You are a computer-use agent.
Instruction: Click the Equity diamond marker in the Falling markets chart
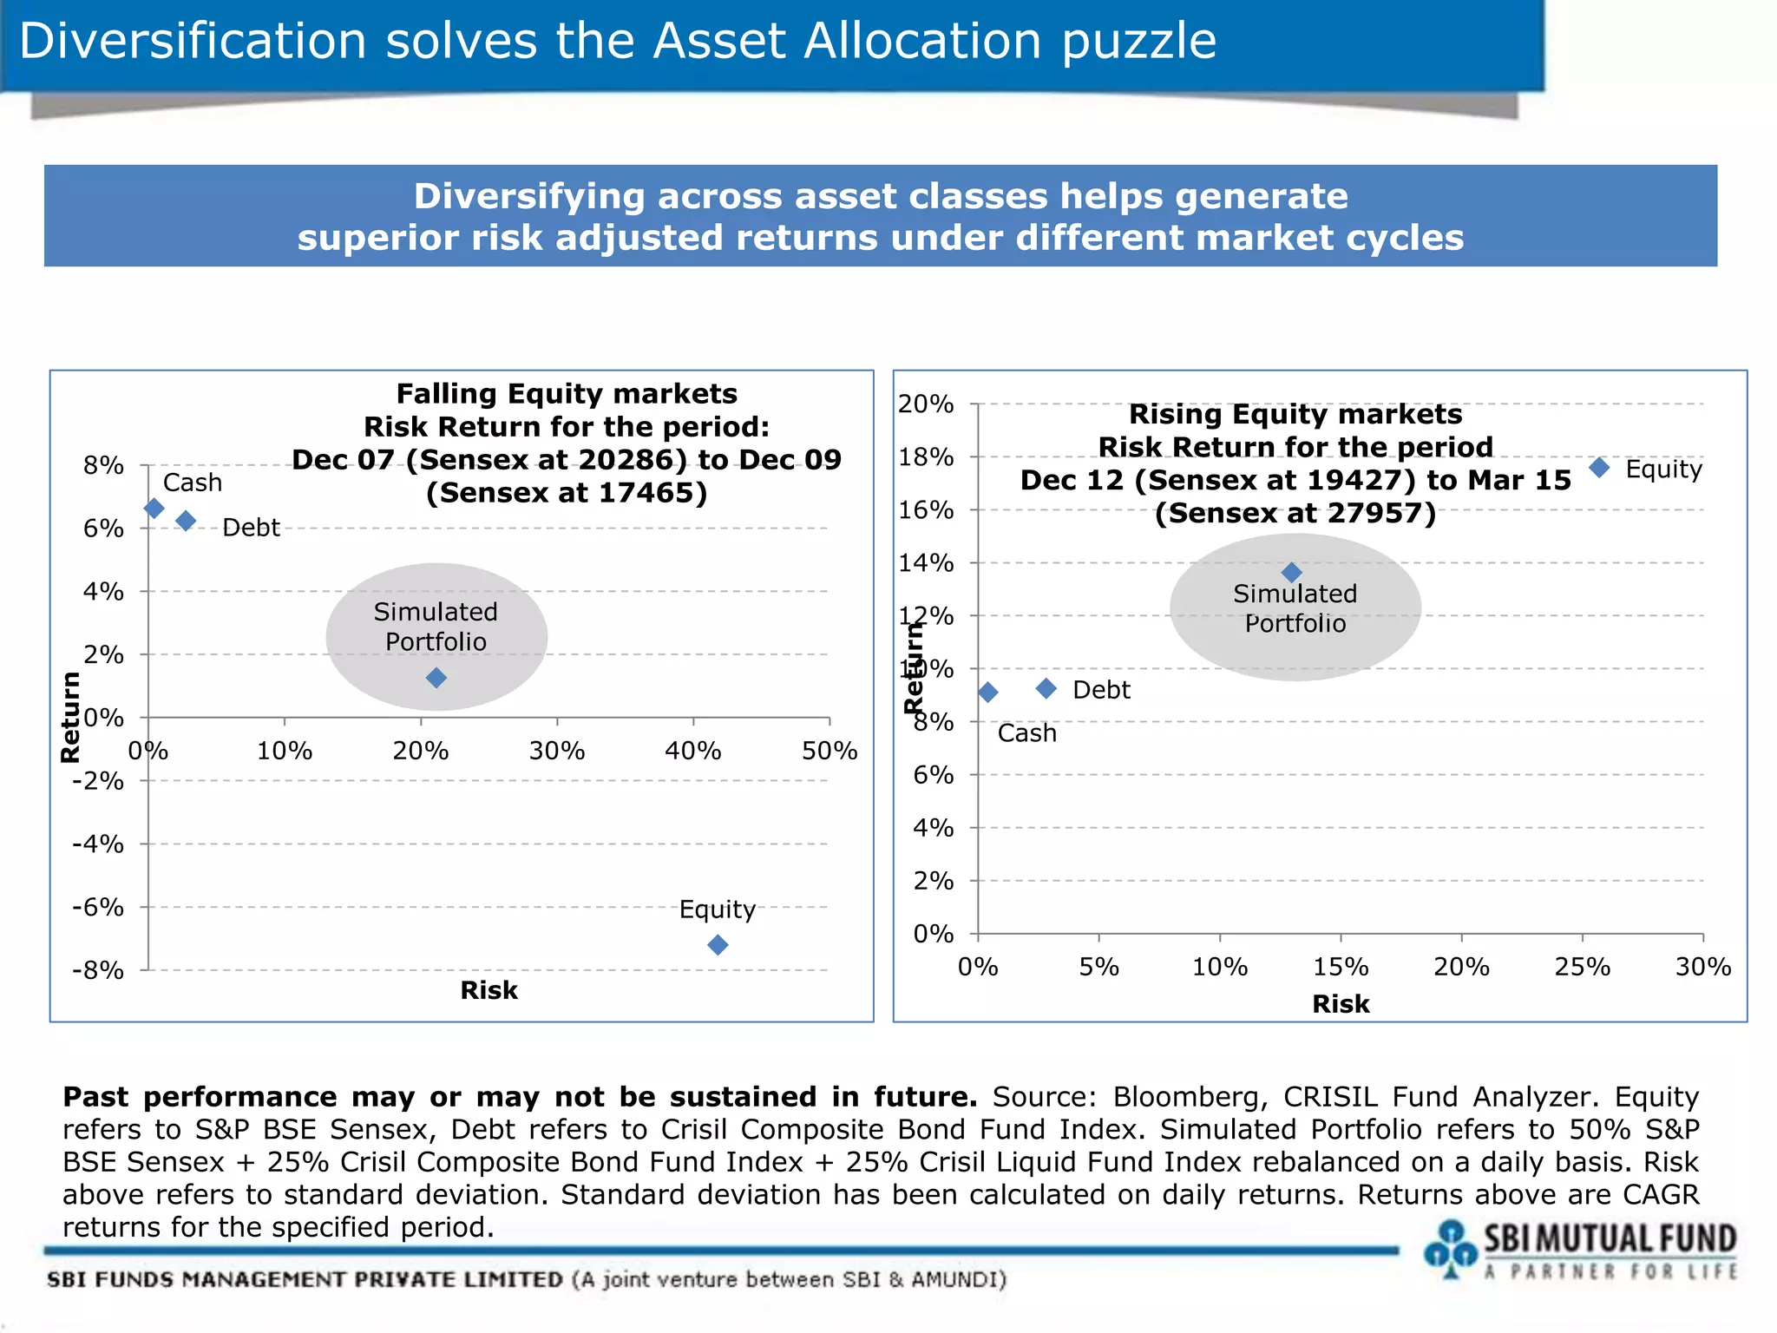pos(718,944)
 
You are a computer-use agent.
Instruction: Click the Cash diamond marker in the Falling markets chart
pos(154,508)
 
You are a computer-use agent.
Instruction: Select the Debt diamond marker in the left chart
pos(186,521)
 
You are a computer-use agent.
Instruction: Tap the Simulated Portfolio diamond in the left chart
pos(436,677)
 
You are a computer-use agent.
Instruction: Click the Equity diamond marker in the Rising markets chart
pos(1599,467)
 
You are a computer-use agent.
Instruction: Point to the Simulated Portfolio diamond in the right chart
pos(1291,572)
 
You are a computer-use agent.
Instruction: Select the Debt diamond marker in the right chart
pos(1046,688)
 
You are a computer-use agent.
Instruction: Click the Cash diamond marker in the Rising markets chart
pos(987,692)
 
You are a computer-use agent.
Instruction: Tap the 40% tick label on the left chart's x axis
pos(692,751)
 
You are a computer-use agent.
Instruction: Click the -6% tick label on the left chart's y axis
pos(98,908)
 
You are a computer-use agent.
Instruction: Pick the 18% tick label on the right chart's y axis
pos(926,457)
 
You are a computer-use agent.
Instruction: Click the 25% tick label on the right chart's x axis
pos(1582,967)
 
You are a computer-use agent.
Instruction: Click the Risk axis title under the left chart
pos(489,990)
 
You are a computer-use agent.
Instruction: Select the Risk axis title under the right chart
pos(1341,1004)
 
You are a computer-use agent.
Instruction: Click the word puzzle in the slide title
pos(1138,41)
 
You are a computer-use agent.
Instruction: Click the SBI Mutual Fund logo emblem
pos(1449,1248)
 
